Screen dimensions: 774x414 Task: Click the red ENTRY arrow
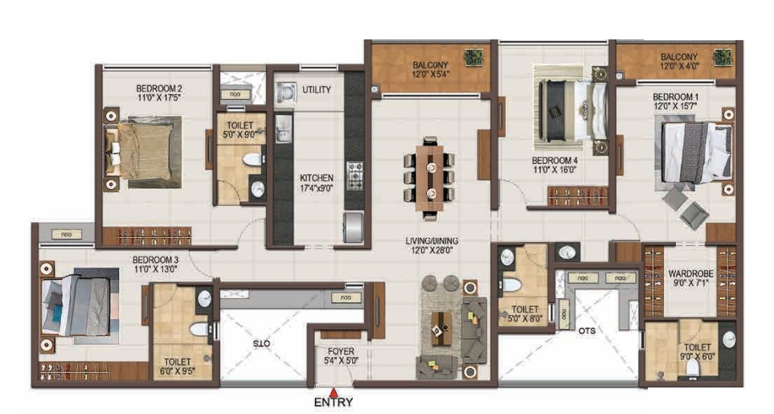point(334,392)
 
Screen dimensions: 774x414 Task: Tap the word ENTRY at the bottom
point(334,402)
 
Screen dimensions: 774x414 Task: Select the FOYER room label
point(341,351)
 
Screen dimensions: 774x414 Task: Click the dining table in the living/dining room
point(429,177)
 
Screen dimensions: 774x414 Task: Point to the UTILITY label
point(317,90)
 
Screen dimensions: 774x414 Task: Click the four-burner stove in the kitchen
point(354,175)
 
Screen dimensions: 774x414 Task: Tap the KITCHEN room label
point(317,178)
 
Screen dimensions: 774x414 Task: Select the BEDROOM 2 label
point(159,88)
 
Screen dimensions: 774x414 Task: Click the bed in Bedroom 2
point(142,151)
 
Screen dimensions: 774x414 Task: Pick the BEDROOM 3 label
point(155,260)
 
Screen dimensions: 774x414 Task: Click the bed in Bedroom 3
point(79,305)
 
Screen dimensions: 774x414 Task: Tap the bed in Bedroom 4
point(571,109)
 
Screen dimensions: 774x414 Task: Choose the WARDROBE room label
point(690,273)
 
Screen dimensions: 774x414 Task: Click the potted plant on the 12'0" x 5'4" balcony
point(473,58)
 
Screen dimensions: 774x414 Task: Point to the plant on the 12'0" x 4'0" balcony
point(723,58)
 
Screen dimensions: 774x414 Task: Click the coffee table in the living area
point(440,328)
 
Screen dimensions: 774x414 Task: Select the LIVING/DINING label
point(432,241)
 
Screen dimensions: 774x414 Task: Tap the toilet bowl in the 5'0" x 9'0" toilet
point(252,159)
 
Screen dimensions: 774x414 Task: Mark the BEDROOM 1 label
point(675,96)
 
